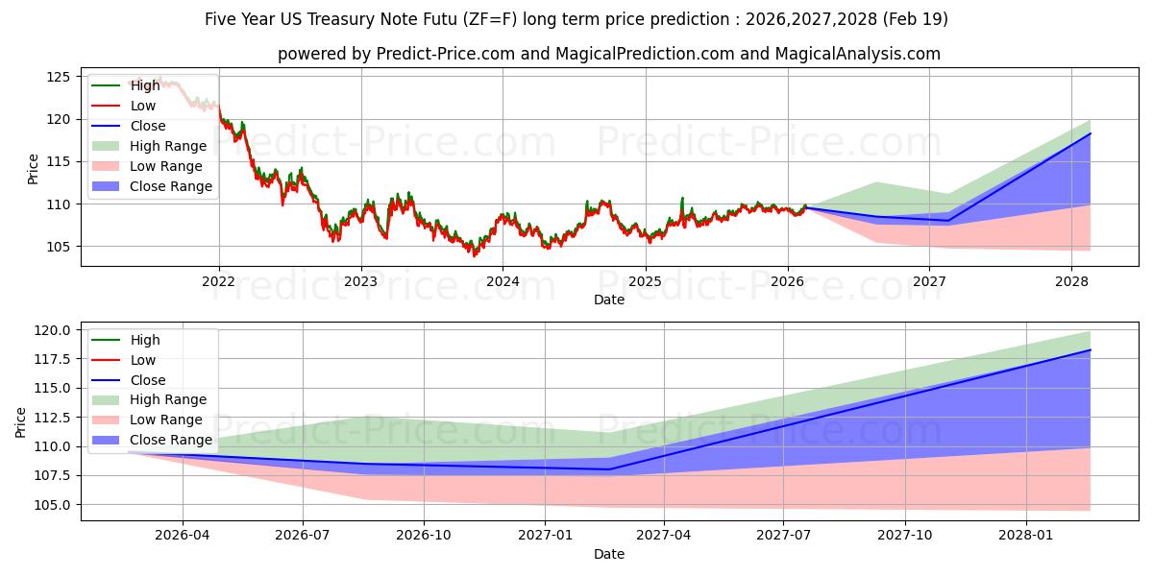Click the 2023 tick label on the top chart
(360, 281)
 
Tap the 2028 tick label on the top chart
(1071, 281)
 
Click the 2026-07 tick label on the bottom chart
(303, 536)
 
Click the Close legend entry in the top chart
(147, 126)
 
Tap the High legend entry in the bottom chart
(145, 340)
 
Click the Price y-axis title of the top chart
(34, 169)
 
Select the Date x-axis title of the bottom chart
(608, 554)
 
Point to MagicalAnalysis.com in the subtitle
(858, 54)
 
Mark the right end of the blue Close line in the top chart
(1091, 133)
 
